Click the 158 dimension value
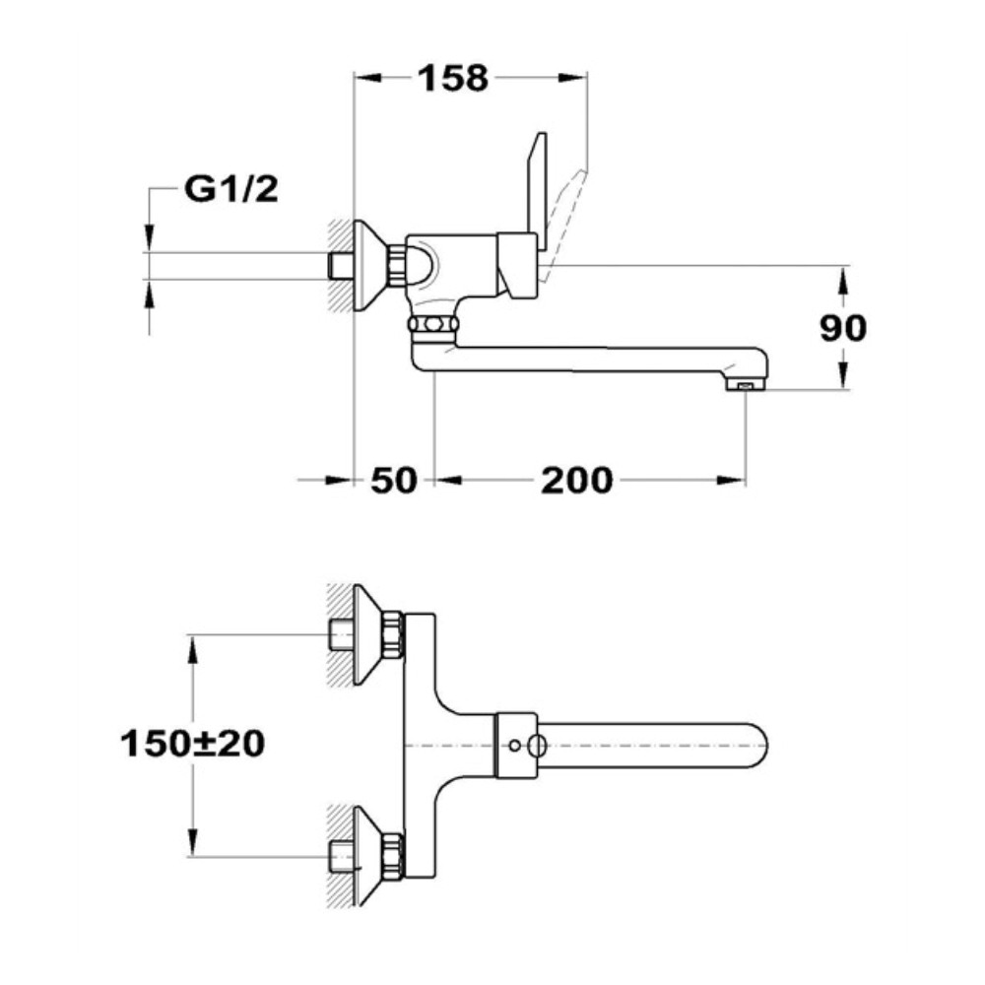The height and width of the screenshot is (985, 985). coord(453,79)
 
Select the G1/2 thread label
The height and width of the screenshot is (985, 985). coord(231,188)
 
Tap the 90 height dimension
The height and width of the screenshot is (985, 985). coord(843,328)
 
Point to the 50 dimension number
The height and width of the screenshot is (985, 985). coord(394,481)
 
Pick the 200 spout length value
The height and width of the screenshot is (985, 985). coord(576,481)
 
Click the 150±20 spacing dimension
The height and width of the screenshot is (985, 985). coord(192,744)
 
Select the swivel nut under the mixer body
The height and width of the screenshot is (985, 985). coord(432,324)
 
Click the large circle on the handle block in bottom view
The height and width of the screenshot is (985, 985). coord(537,746)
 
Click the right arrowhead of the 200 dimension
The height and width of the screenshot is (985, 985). coord(731,481)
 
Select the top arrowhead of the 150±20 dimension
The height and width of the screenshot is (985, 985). coord(193,649)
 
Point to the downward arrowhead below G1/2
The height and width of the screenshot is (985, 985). coord(149,237)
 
